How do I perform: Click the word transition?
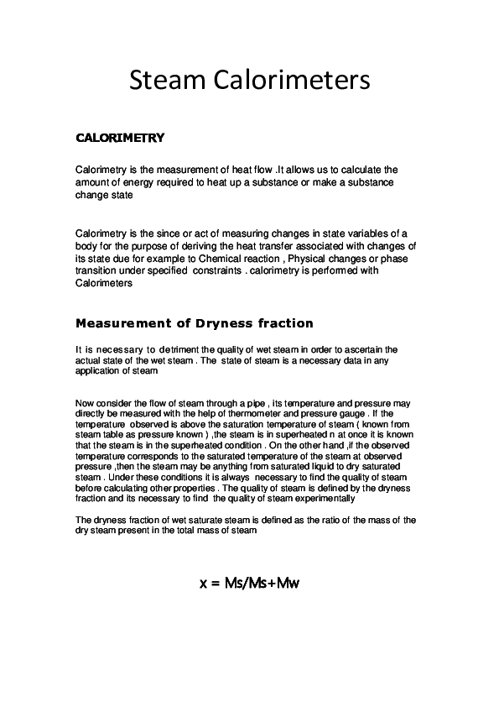[x=97, y=270]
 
